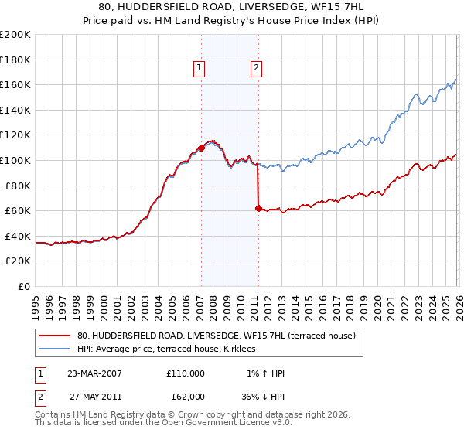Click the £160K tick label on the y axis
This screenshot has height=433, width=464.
tap(15, 85)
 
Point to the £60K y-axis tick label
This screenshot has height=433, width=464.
tap(18, 210)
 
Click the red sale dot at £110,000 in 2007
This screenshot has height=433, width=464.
tap(201, 148)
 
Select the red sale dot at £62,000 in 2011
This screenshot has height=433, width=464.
tap(258, 208)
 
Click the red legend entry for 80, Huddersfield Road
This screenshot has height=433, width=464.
tap(216, 336)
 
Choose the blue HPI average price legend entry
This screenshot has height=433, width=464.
tap(170, 350)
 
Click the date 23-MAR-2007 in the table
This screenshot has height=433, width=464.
tap(95, 373)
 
